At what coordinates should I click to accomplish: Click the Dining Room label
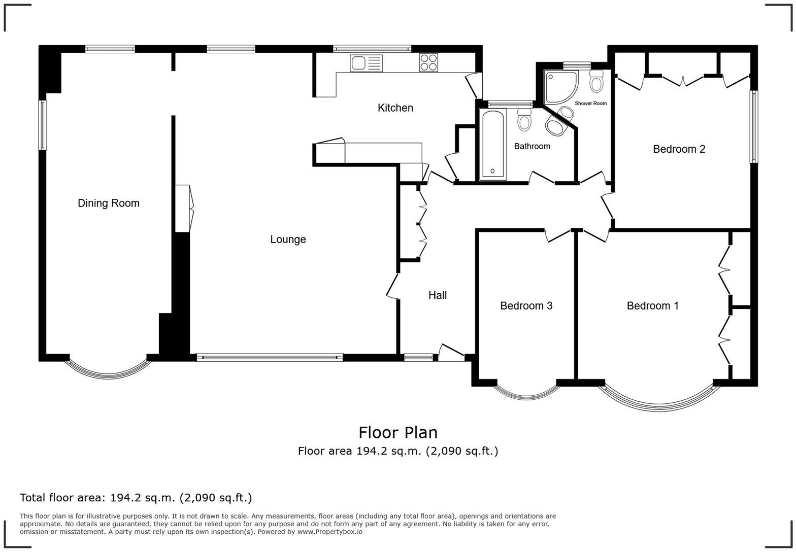click(108, 203)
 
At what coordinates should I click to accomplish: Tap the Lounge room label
click(288, 239)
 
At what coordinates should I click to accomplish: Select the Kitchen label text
click(395, 108)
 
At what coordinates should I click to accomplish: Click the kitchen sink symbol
click(366, 63)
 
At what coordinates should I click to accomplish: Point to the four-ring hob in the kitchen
click(428, 63)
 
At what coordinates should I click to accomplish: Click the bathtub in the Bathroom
click(492, 145)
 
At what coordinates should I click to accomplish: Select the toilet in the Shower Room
click(596, 82)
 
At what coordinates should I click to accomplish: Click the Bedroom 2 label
click(679, 149)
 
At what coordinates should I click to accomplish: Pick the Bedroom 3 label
click(526, 306)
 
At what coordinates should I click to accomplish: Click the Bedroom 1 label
click(652, 306)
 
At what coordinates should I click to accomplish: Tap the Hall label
click(437, 295)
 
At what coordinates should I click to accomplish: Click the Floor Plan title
click(397, 433)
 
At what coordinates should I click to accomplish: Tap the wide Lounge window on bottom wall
click(270, 358)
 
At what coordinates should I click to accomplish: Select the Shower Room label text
click(590, 103)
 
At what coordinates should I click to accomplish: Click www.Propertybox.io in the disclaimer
click(329, 532)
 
